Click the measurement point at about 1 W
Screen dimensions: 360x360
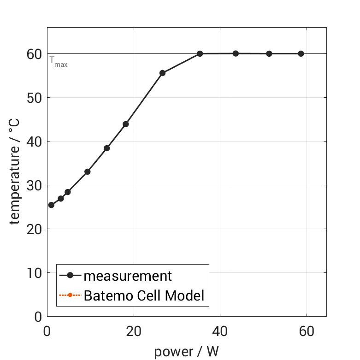(51, 205)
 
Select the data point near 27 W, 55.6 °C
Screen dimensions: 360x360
(162, 73)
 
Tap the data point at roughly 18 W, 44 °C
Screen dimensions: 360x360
(126, 124)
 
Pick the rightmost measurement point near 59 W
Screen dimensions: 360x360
(301, 53)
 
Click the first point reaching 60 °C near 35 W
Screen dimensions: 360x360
(200, 53)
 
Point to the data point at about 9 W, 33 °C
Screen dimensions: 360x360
(87, 171)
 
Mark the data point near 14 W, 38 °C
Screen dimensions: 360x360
(106, 148)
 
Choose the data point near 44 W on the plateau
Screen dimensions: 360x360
(236, 53)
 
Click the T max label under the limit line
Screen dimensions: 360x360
(59, 62)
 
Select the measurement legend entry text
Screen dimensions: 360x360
(128, 276)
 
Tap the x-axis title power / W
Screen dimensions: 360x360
(186, 352)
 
